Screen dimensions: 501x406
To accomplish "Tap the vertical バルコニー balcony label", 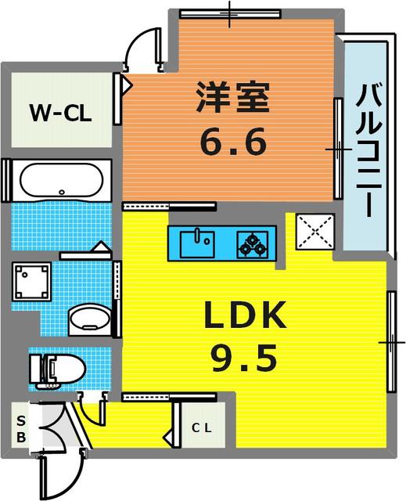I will tap(367, 152).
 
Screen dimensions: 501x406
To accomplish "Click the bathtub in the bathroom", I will tap(61, 181).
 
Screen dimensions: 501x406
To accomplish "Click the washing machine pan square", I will tap(31, 282).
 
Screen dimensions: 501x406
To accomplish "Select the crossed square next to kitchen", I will tap(314, 232).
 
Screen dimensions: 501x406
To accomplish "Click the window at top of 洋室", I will tap(229, 13).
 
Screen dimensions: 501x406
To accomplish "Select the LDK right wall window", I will tap(391, 341).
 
